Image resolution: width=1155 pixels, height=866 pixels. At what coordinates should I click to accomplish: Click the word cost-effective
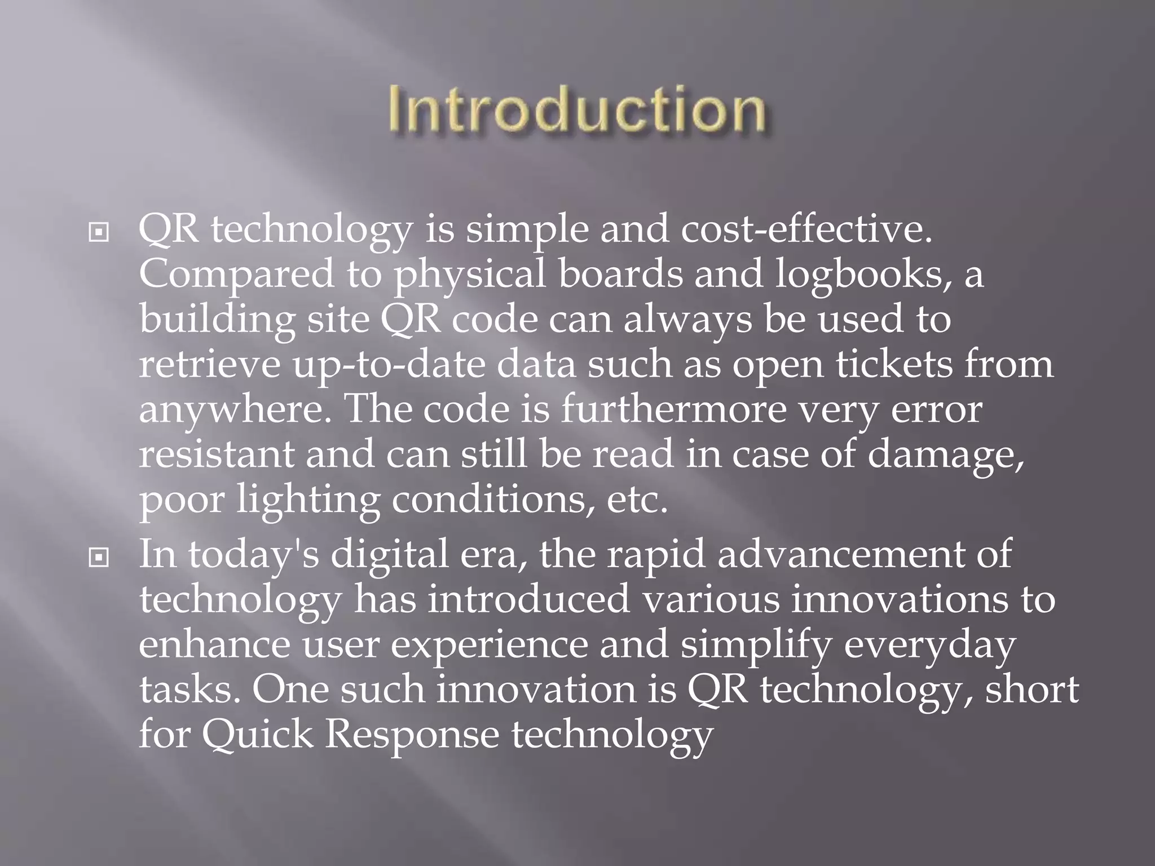806,230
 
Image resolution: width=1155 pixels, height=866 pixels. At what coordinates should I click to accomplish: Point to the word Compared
237,275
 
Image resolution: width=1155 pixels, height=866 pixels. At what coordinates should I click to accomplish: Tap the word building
217,320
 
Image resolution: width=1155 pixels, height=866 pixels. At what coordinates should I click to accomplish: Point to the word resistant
217,454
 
